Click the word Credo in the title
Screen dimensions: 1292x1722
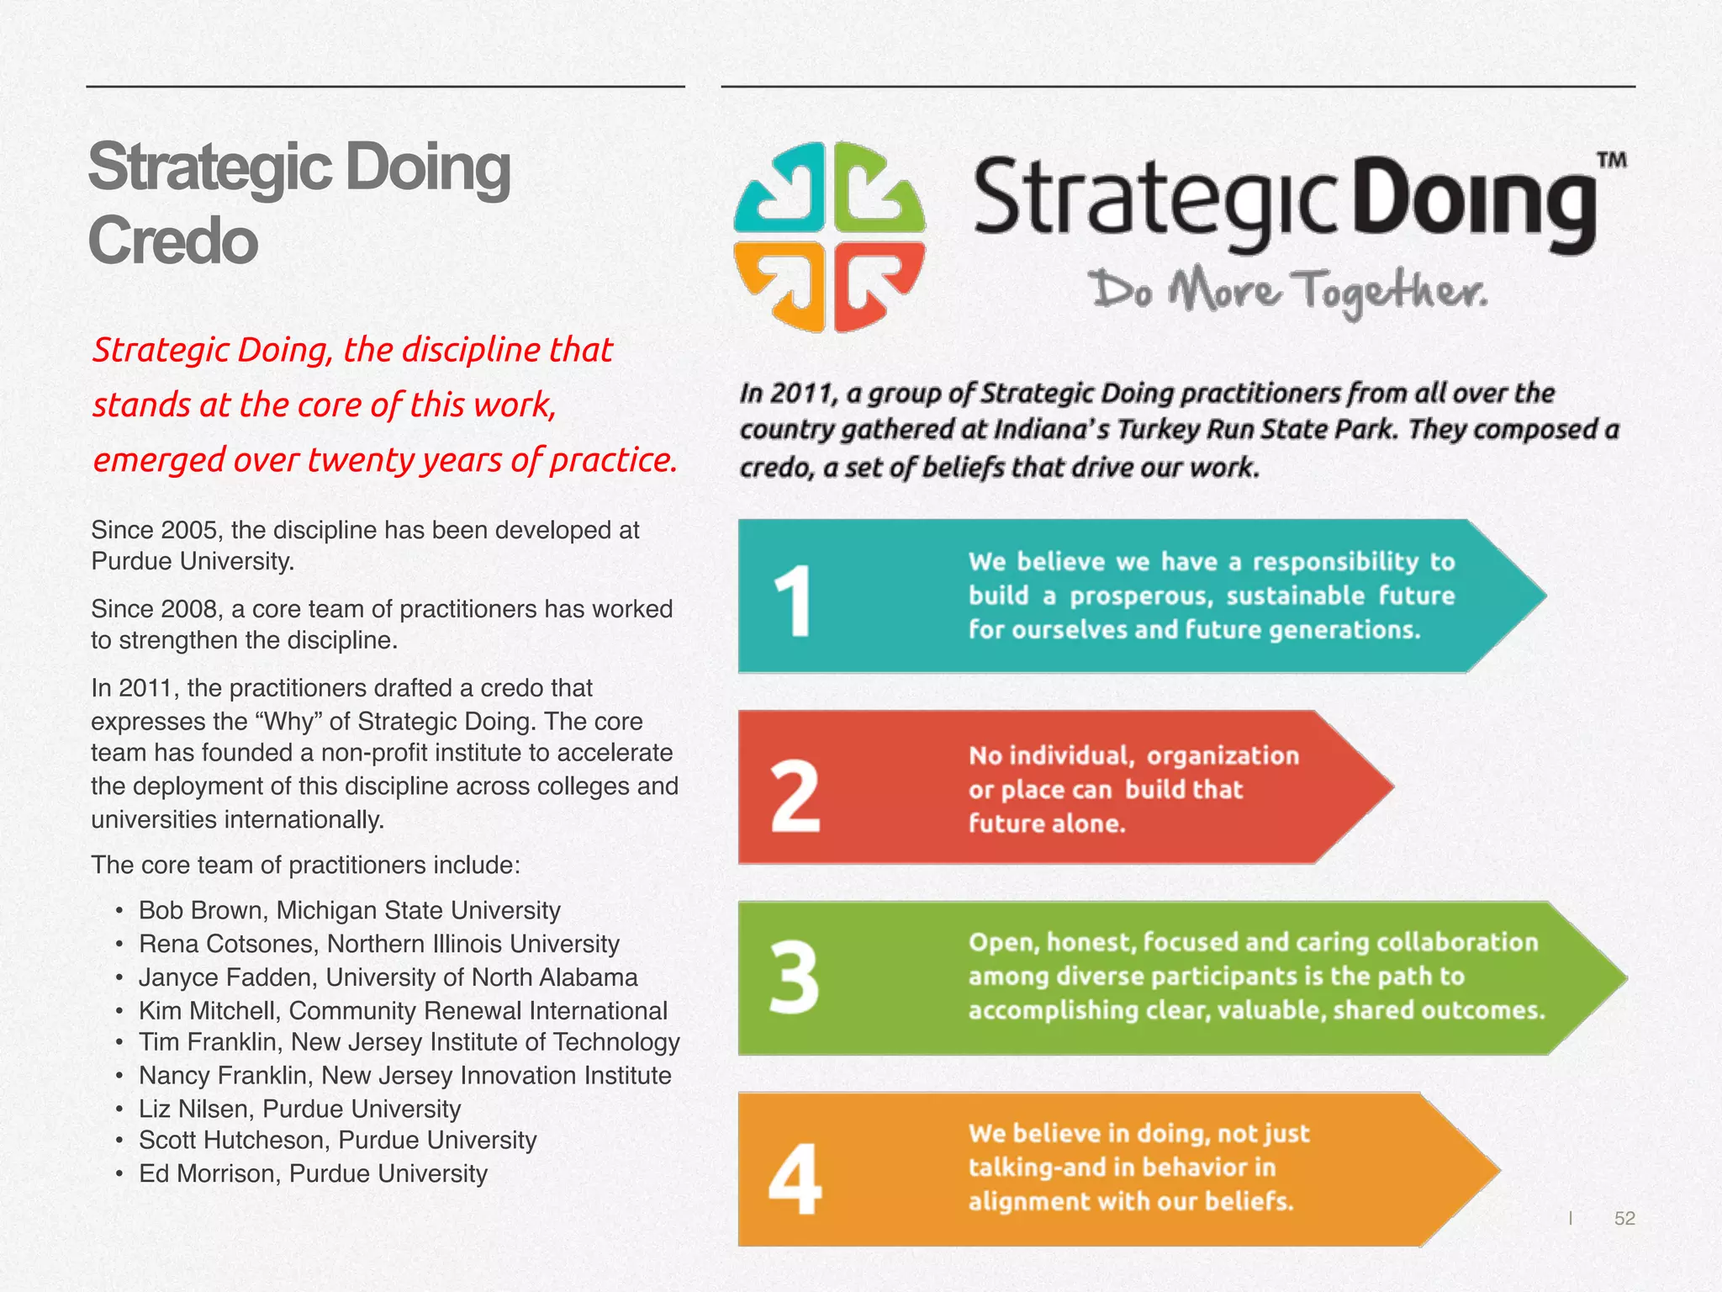172,241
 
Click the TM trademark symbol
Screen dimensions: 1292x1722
1611,160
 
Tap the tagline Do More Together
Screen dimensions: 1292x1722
1289,291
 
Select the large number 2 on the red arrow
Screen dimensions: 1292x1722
795,795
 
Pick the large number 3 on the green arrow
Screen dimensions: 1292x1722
794,977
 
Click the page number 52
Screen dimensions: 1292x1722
1624,1218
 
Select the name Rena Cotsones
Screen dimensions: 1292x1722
227,944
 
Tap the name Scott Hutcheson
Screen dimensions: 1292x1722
235,1140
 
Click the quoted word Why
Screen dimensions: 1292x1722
290,722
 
